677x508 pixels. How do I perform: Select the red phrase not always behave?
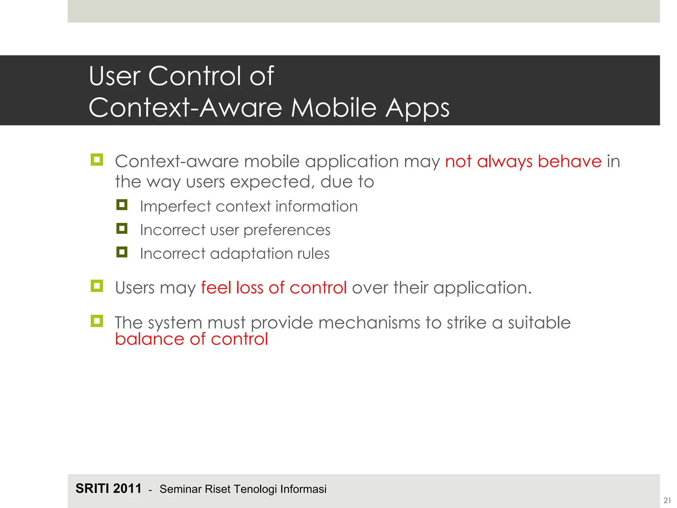(523, 162)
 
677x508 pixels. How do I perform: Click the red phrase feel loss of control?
(274, 287)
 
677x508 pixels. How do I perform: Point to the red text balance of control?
(191, 339)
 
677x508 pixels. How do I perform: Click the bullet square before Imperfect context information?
(122, 205)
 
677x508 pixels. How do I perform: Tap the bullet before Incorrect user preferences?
(122, 228)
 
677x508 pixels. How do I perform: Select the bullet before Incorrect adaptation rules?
(122, 252)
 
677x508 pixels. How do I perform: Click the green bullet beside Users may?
(97, 286)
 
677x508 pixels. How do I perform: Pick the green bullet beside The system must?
(97, 320)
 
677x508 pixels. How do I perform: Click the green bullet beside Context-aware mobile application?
(97, 160)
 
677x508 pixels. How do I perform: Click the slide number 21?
(667, 500)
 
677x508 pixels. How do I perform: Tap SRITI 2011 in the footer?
(108, 488)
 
